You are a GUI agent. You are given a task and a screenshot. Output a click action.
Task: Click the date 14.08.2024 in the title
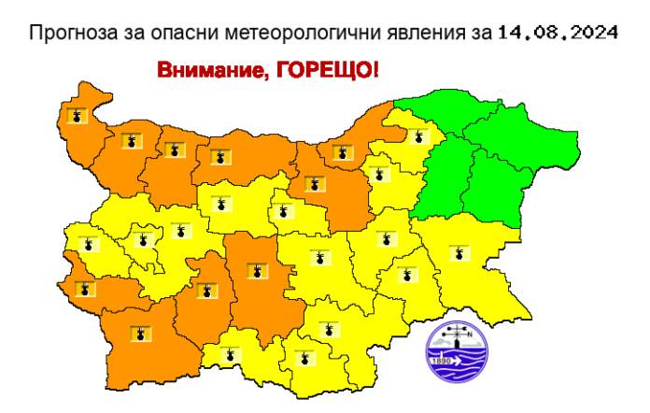(x=558, y=33)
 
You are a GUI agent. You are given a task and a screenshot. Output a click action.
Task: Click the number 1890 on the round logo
(x=438, y=359)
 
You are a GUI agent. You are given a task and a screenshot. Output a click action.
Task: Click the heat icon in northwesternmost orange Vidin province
(x=76, y=117)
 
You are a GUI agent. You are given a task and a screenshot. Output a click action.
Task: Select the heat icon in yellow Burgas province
(x=457, y=253)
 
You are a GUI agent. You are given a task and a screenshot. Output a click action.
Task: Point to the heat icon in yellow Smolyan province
(x=230, y=354)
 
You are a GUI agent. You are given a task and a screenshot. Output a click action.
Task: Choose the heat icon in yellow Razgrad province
(x=416, y=135)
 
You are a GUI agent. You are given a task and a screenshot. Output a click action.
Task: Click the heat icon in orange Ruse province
(x=336, y=150)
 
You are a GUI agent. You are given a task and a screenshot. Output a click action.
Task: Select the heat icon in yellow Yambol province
(x=405, y=275)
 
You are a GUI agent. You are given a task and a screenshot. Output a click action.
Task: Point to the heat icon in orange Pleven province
(x=219, y=157)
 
